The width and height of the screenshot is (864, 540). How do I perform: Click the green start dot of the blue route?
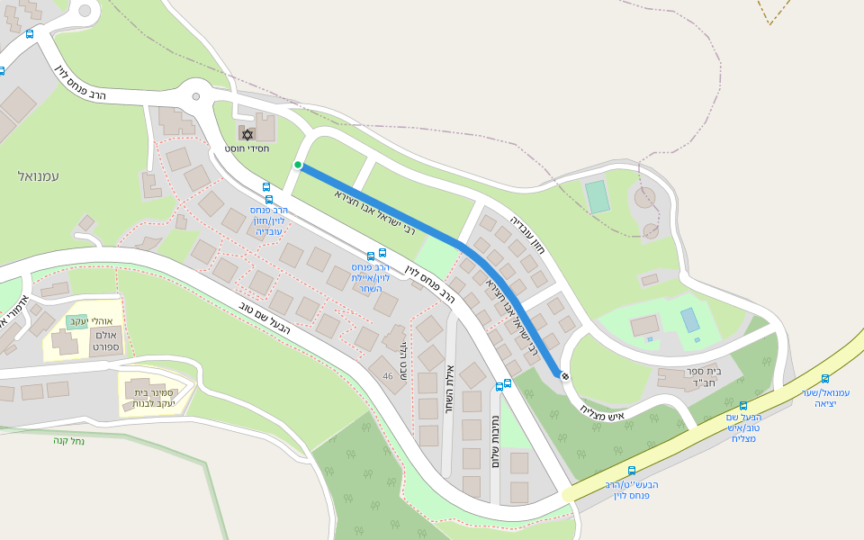pyautogui.click(x=298, y=165)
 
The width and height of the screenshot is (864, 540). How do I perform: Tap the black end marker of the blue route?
pyautogui.click(x=565, y=376)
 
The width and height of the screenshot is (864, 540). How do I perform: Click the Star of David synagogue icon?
pyautogui.click(x=247, y=134)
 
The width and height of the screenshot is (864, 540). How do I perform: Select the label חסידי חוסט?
pyautogui.click(x=247, y=148)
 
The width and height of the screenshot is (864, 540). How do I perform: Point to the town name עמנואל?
pyautogui.click(x=38, y=176)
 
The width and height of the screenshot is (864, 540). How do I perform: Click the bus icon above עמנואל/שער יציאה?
pyautogui.click(x=825, y=379)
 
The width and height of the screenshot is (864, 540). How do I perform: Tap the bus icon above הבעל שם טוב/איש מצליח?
pyautogui.click(x=742, y=406)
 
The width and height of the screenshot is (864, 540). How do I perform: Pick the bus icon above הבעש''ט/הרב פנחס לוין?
pyautogui.click(x=631, y=471)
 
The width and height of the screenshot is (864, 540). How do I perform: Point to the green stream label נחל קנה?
pyautogui.click(x=68, y=440)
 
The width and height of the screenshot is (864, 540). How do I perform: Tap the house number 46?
pyautogui.click(x=387, y=376)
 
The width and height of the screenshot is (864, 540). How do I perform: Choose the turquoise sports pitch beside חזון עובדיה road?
pyautogui.click(x=598, y=196)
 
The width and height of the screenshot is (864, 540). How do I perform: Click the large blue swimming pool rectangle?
pyautogui.click(x=690, y=319)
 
